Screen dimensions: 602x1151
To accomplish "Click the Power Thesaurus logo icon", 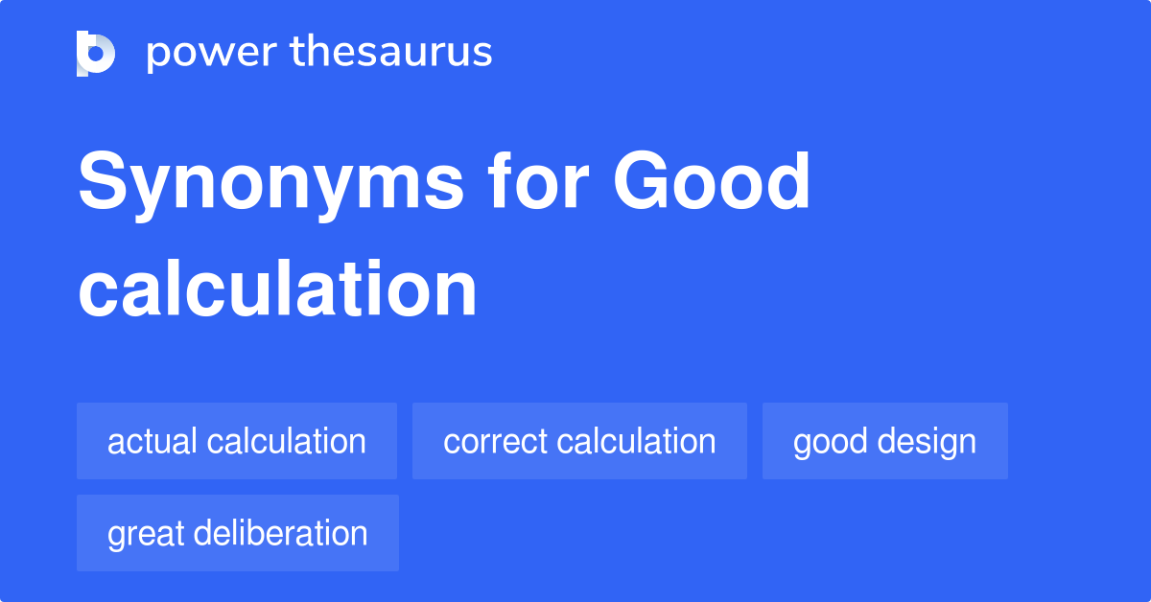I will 96,53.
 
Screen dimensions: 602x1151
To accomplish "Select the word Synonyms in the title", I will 270,184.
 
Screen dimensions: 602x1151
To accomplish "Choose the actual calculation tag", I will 237,441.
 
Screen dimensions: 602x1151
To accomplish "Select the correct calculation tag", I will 579,441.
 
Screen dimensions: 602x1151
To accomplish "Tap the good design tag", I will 884,441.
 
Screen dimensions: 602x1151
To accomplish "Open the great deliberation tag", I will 237,533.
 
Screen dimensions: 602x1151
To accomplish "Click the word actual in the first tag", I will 153,441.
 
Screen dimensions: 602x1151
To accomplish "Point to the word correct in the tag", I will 496,441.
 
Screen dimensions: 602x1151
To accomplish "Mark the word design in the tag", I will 928,441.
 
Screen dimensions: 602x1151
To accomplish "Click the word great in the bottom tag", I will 145,534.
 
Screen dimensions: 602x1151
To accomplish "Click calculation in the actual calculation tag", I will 287,441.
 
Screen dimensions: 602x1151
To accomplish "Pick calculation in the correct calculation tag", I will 636,441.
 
